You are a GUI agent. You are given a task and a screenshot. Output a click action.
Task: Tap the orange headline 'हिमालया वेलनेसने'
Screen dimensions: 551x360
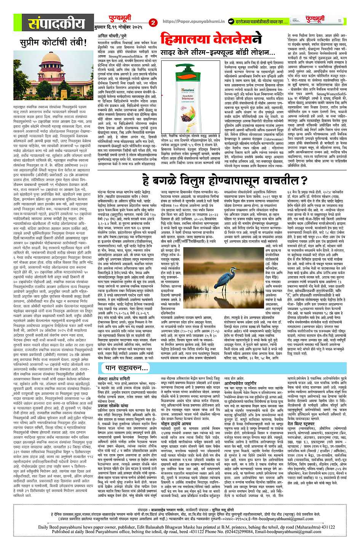(211, 40)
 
